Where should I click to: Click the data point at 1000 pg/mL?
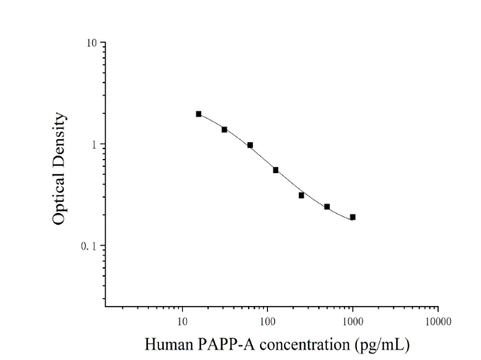(x=353, y=217)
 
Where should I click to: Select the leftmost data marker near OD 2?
(x=199, y=114)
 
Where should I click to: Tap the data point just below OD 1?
(x=250, y=145)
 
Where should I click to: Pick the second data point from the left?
(x=224, y=130)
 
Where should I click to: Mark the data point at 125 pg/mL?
(x=276, y=170)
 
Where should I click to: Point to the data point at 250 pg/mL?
(x=301, y=195)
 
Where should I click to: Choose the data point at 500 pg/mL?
(x=327, y=207)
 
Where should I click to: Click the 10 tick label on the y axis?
(x=91, y=43)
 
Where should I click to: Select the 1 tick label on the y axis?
(x=94, y=145)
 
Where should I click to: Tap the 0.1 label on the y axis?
(x=89, y=246)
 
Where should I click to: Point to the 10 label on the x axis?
(x=182, y=321)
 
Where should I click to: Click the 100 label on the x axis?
(x=267, y=321)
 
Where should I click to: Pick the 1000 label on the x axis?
(x=353, y=321)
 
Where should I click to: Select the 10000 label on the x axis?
(x=438, y=321)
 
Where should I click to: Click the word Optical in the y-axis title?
(x=59, y=199)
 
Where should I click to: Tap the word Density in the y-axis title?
(x=59, y=140)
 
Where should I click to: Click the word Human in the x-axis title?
(x=169, y=344)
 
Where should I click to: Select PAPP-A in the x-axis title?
(x=226, y=344)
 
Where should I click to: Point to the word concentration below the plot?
(x=305, y=344)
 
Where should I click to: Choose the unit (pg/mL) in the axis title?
(x=382, y=345)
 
